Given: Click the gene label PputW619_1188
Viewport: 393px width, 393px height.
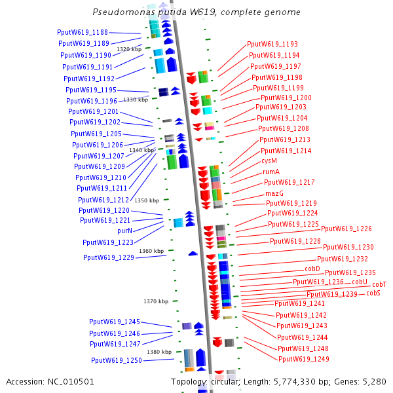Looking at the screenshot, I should click(x=83, y=32).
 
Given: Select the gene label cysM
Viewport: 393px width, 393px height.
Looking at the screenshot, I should click(x=269, y=160).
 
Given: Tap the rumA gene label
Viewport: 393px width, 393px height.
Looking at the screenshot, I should click(x=271, y=172).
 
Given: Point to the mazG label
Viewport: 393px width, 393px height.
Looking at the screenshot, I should click(x=274, y=194).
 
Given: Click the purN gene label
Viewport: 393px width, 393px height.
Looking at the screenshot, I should click(x=124, y=231).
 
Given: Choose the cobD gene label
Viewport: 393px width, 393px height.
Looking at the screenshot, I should click(x=312, y=269).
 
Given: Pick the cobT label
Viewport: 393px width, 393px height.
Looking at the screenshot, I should click(x=379, y=284).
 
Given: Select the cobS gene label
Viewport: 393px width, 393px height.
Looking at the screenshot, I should click(x=373, y=293).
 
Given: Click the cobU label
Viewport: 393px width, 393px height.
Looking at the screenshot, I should click(x=360, y=282).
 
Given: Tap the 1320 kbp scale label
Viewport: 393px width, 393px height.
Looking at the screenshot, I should click(x=129, y=49).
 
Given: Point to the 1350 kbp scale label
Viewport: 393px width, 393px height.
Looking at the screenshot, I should click(x=147, y=200).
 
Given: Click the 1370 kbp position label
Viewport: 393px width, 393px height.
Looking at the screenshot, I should click(x=156, y=301).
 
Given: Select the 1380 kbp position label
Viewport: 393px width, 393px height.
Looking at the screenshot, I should click(x=159, y=352).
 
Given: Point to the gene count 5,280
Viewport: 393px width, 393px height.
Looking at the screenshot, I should click(x=374, y=382).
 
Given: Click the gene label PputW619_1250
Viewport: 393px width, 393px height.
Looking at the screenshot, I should click(x=117, y=360).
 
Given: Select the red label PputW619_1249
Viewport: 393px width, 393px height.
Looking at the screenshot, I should click(x=303, y=359).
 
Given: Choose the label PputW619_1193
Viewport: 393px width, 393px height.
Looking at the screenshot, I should click(x=272, y=45).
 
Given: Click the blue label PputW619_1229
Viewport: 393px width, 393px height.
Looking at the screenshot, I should click(x=109, y=257).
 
